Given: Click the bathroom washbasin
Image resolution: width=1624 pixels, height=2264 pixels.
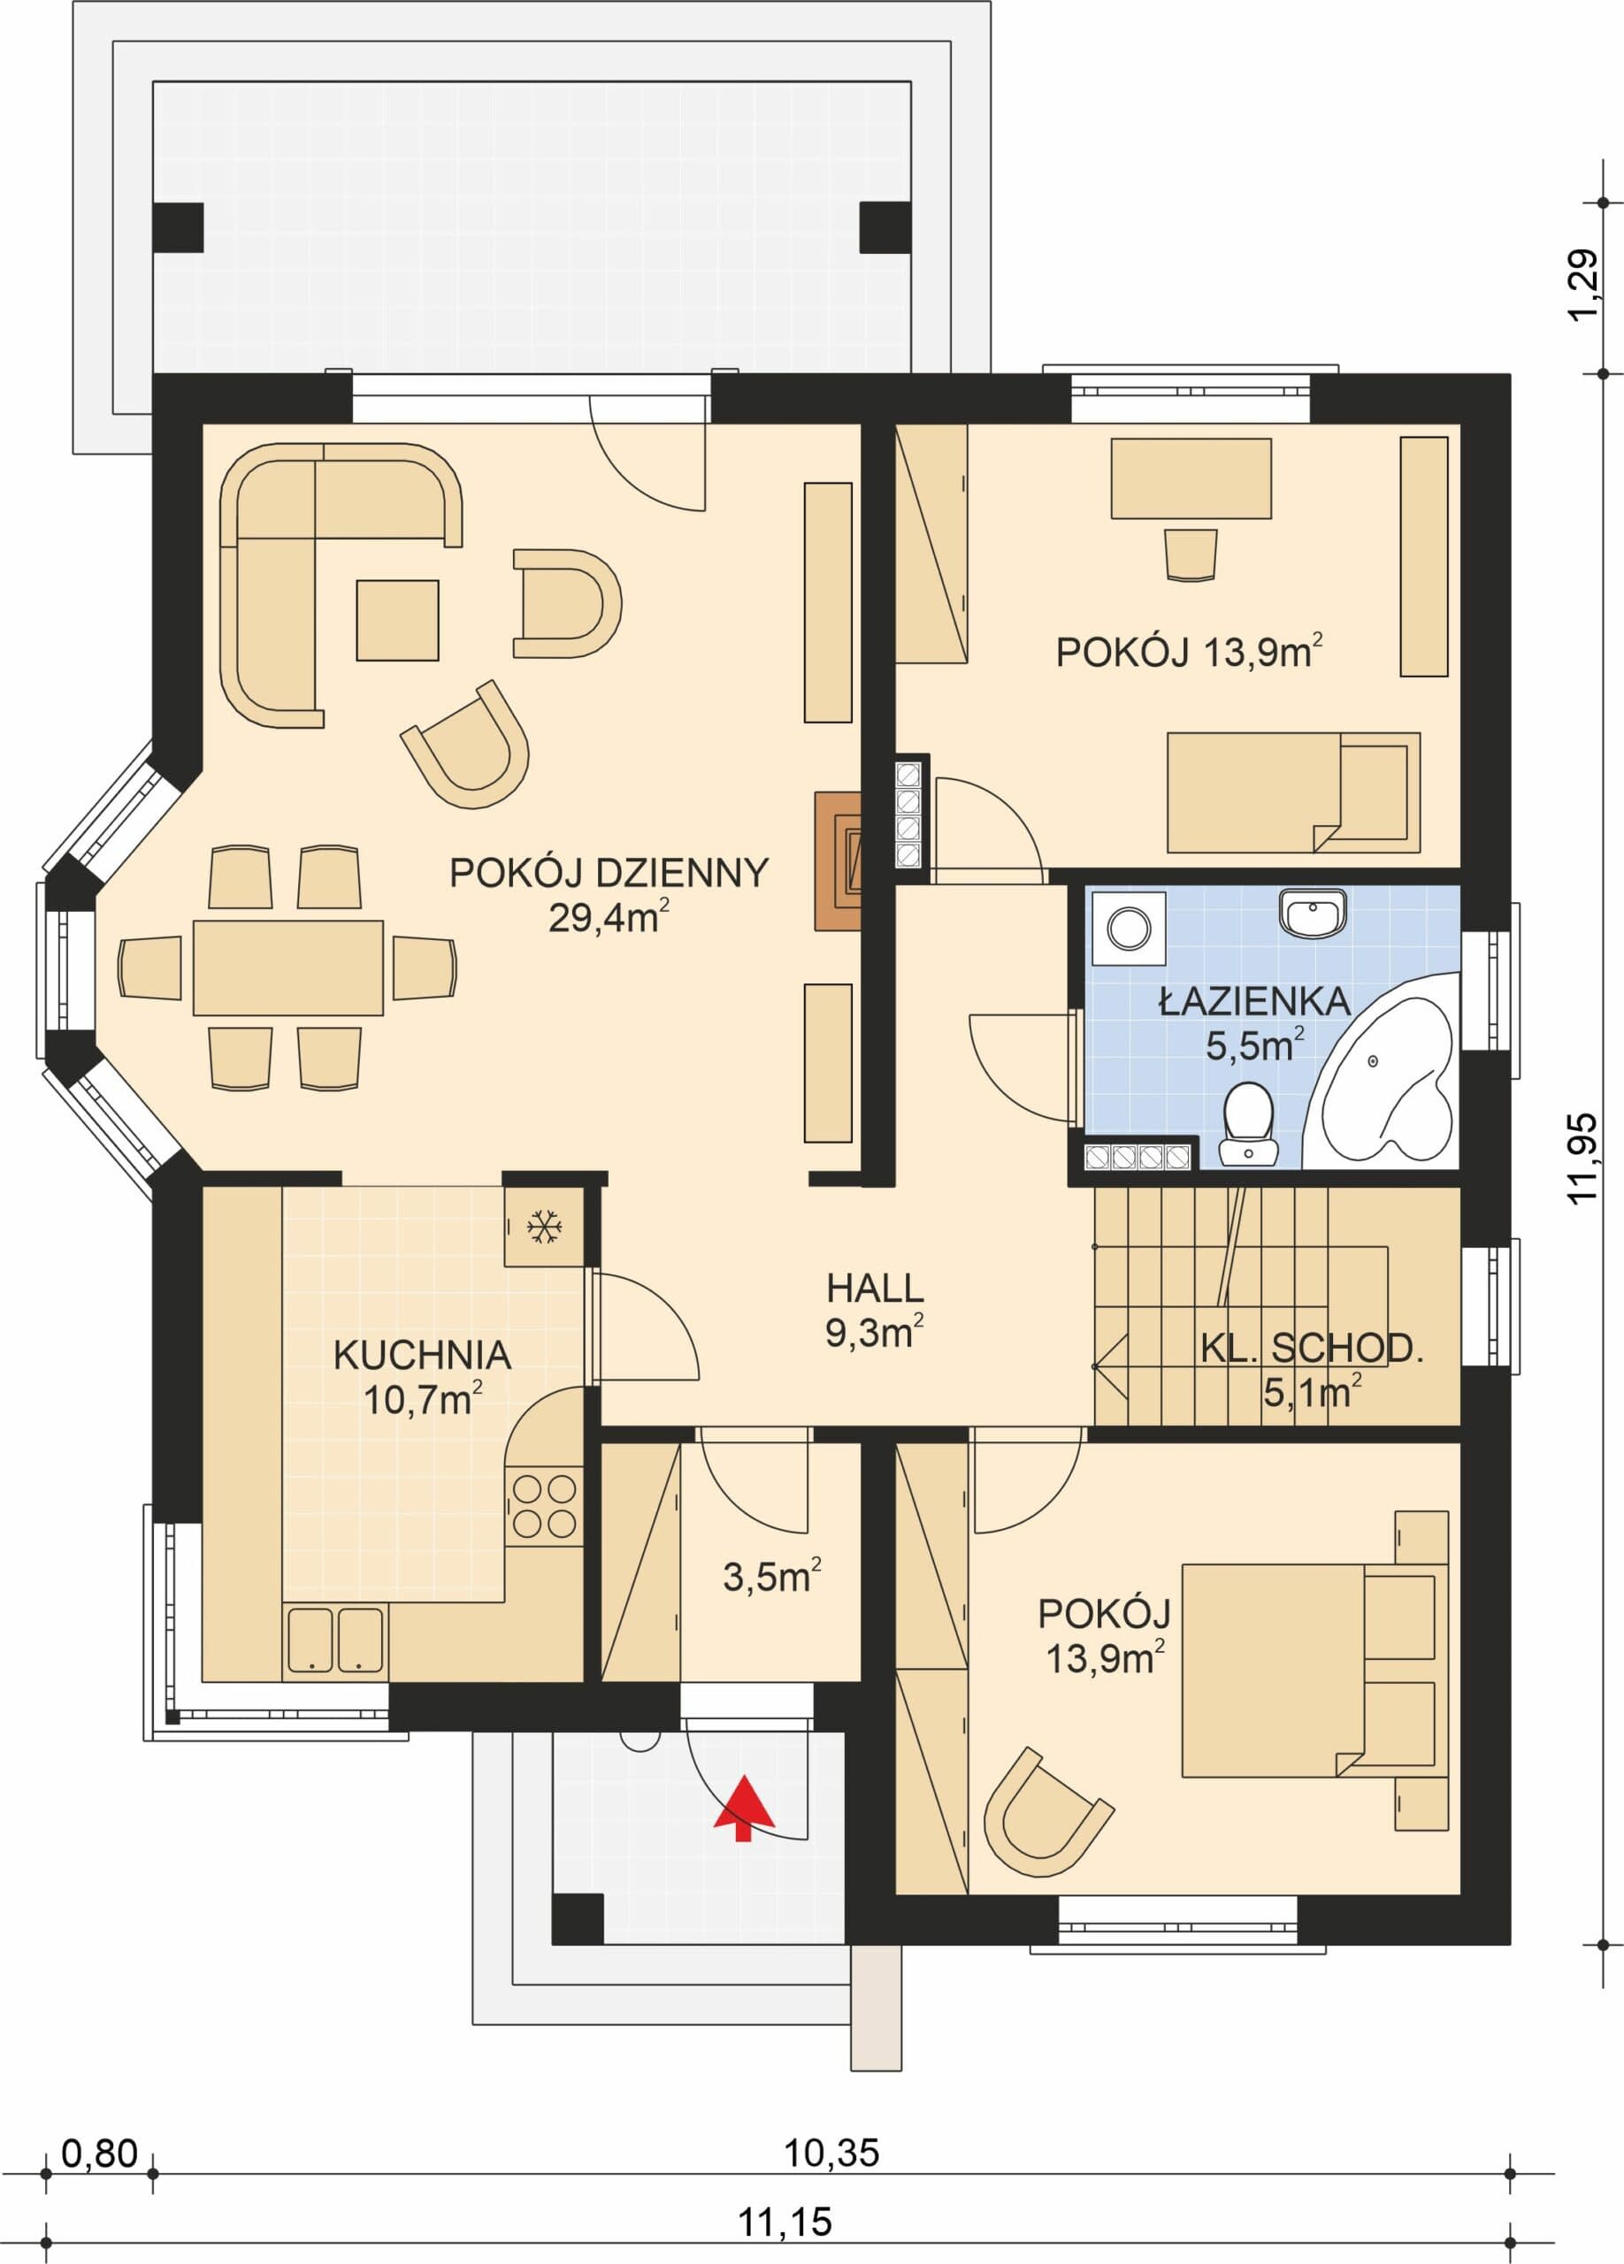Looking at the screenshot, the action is point(1314,913).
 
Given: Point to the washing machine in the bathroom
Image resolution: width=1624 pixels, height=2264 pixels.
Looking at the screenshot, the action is point(1129,929).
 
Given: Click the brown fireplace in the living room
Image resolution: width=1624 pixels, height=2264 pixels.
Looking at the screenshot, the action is point(839,861).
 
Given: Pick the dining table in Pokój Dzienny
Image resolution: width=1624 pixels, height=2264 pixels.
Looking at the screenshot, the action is point(288,968).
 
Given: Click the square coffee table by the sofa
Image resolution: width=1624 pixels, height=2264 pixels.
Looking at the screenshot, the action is point(397,620).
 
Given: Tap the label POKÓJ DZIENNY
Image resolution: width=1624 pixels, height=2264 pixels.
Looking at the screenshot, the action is point(609,874).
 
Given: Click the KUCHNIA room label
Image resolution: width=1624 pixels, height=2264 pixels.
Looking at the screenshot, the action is point(422,1356).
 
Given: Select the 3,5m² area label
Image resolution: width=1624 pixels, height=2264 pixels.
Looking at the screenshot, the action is point(771,1576).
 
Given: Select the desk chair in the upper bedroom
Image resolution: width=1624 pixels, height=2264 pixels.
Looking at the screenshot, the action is point(1191,554).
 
